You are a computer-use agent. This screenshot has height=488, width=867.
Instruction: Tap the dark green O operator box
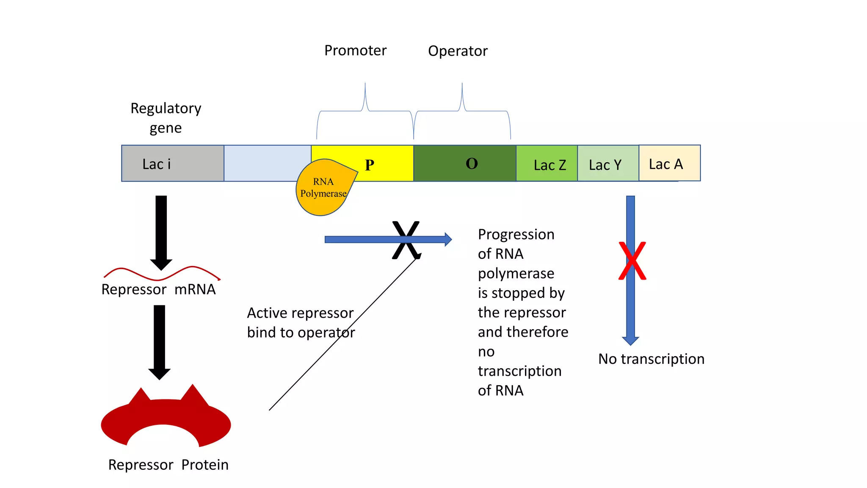pos(464,164)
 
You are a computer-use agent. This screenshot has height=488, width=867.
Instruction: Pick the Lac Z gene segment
pos(547,164)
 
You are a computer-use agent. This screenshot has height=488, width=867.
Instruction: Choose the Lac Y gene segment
pos(607,164)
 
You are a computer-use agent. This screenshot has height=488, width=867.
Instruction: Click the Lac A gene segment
pos(669,164)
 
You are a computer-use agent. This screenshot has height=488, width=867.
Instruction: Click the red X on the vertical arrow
pos(632,261)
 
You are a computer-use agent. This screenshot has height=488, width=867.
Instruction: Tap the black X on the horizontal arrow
pos(406,240)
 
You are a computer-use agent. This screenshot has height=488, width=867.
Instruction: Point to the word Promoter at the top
pos(355,50)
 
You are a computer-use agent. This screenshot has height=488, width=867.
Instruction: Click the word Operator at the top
pos(458,51)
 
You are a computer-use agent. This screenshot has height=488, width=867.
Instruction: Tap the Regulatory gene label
pos(166,118)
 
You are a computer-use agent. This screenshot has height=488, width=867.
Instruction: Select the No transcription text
pos(651,359)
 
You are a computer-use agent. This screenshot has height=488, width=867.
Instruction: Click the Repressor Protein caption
pos(168,465)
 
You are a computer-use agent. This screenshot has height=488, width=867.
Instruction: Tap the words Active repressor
pos(300,313)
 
